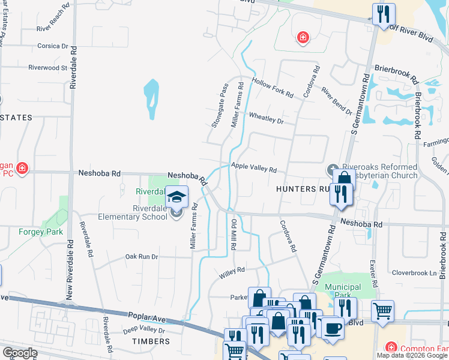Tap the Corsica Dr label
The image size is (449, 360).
53,46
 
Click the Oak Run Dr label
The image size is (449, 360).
141,256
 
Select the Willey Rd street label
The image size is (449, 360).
232,271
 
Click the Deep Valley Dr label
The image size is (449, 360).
144,330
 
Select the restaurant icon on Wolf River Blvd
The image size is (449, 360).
383,14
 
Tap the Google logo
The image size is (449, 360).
20,353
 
